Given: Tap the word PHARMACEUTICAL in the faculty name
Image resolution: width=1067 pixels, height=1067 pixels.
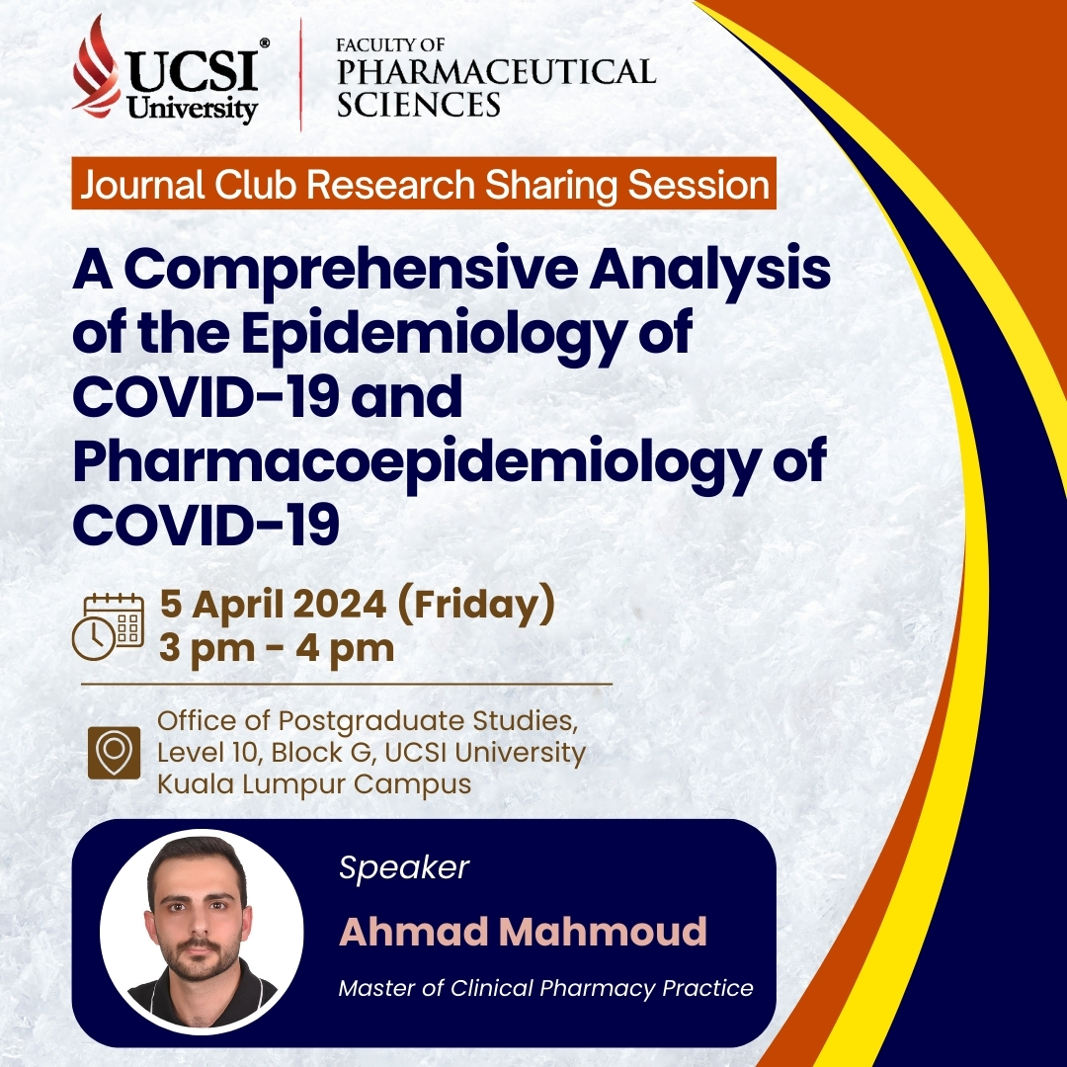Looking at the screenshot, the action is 496,71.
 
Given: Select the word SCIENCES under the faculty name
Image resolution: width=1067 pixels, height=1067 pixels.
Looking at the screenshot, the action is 419,104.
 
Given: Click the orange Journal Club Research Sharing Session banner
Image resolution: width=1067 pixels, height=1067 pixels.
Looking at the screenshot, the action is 423,183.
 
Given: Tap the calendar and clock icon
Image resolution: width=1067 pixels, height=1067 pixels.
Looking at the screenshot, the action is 109,626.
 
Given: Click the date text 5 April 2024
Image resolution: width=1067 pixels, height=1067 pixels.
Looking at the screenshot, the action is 273,604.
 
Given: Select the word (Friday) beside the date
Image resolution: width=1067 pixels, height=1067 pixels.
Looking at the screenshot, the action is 475,605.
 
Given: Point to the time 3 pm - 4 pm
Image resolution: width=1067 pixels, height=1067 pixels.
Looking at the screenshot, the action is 277,648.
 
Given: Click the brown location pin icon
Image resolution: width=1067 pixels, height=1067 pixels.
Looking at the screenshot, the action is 115,753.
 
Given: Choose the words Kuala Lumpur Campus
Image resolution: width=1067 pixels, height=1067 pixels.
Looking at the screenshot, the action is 314,783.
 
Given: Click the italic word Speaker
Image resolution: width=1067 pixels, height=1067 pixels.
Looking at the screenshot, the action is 404,867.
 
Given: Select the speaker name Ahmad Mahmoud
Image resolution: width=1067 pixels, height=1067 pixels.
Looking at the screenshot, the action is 523,931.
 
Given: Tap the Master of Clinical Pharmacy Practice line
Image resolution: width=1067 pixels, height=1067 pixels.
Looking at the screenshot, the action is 545,988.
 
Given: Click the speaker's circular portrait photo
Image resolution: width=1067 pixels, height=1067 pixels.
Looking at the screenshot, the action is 202,931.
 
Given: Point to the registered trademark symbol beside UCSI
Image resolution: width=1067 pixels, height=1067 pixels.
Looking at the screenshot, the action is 265,42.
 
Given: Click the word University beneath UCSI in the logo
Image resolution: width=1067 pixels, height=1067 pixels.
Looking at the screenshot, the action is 192,109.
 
